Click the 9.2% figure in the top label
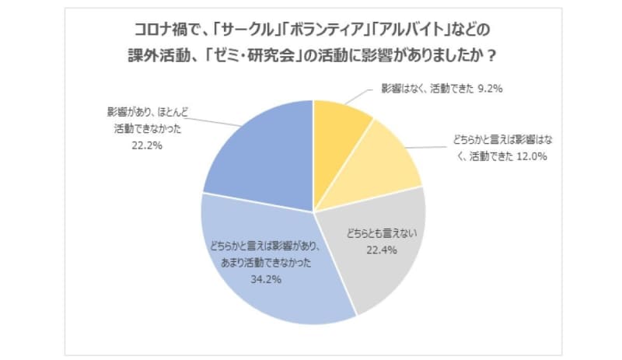tap(487, 89)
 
